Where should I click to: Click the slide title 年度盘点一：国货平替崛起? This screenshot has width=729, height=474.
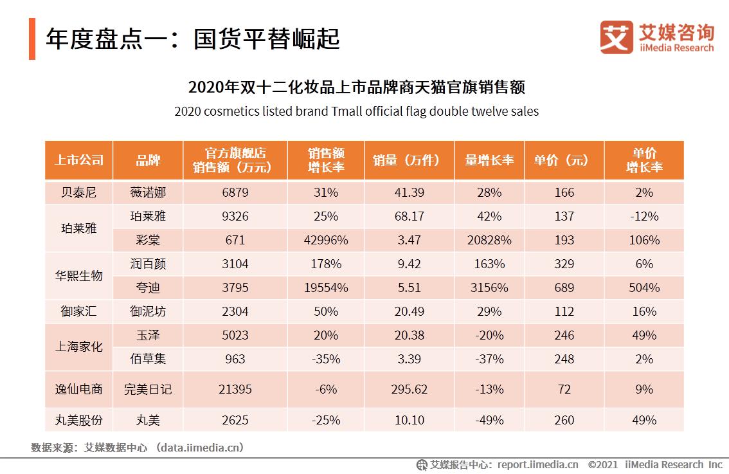coord(192,39)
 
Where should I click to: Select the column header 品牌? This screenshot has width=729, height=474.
coord(148,160)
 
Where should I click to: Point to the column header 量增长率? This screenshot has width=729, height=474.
coord(489,160)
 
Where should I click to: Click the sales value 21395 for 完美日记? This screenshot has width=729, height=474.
coord(235,389)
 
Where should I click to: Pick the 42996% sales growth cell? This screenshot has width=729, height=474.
coord(326,240)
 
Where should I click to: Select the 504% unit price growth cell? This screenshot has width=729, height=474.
coord(643,287)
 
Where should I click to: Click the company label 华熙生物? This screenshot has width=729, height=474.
coord(78,275)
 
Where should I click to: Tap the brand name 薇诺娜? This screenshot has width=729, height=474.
coord(148,192)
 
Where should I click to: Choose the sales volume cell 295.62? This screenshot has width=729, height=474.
coord(409,389)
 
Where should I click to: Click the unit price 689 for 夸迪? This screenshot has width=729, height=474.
coord(564,287)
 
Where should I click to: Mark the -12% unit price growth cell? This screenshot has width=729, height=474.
coord(643,216)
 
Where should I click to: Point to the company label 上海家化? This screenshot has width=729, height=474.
coord(78,347)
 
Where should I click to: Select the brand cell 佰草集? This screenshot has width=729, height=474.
coord(148,359)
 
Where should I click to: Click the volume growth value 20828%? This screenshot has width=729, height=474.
coord(489,240)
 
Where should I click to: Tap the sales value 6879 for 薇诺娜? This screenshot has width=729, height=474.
coord(235,192)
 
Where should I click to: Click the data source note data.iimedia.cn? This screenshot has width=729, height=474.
coord(201,447)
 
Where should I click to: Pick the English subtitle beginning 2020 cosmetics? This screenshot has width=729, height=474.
coord(356,111)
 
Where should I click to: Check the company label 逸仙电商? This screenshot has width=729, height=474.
coord(78,389)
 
